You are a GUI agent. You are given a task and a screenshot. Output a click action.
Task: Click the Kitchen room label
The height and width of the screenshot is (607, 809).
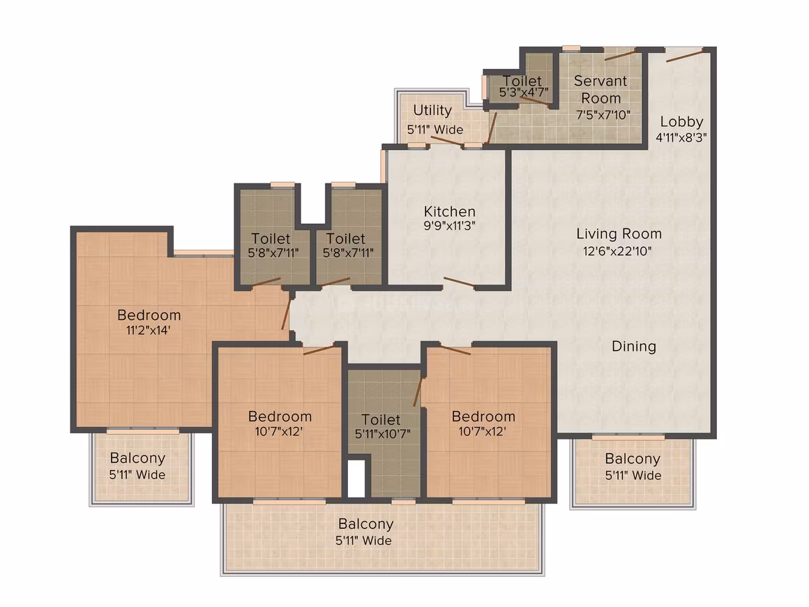point(449,211)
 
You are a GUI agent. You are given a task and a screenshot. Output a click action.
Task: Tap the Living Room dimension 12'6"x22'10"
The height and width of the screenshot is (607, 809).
point(618,251)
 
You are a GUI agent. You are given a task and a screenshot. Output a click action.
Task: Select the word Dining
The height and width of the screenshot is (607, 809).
point(633,346)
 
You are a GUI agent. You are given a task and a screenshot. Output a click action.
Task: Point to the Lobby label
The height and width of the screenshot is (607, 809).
point(681,122)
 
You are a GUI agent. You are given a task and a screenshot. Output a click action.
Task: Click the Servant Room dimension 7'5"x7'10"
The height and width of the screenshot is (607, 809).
point(603,114)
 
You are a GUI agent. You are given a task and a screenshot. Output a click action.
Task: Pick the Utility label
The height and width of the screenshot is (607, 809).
point(432,110)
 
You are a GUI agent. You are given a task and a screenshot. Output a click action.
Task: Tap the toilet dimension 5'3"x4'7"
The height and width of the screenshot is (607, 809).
point(524,92)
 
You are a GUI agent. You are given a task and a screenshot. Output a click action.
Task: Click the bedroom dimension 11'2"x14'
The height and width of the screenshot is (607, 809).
point(148,330)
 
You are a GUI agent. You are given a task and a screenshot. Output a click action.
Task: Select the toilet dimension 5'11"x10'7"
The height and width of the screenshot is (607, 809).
point(382,435)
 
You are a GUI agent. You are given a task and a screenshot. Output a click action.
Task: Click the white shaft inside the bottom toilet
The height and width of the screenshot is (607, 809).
point(356,479)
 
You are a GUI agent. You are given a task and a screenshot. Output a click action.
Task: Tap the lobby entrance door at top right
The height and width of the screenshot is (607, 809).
point(684,55)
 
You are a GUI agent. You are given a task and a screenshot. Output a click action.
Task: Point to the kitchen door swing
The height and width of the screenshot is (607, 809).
point(459,282)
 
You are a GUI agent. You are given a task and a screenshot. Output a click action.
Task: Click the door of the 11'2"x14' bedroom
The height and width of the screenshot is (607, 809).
point(286,315)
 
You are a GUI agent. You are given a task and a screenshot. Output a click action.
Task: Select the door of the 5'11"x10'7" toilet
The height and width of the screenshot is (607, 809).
point(417,392)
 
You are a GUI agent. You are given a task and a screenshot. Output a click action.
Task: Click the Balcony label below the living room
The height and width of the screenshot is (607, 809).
point(633,459)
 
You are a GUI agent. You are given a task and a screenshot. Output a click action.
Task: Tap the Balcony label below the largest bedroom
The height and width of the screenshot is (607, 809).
point(137,458)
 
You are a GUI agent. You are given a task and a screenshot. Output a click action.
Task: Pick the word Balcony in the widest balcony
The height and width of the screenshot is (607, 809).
point(366,524)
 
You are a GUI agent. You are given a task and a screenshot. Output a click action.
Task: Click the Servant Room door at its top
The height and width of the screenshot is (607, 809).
point(619,54)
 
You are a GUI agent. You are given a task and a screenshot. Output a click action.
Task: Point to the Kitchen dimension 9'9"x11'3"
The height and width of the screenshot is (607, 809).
point(449,225)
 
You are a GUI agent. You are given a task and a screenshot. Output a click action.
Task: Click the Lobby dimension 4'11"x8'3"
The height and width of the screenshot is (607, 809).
point(681,138)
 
